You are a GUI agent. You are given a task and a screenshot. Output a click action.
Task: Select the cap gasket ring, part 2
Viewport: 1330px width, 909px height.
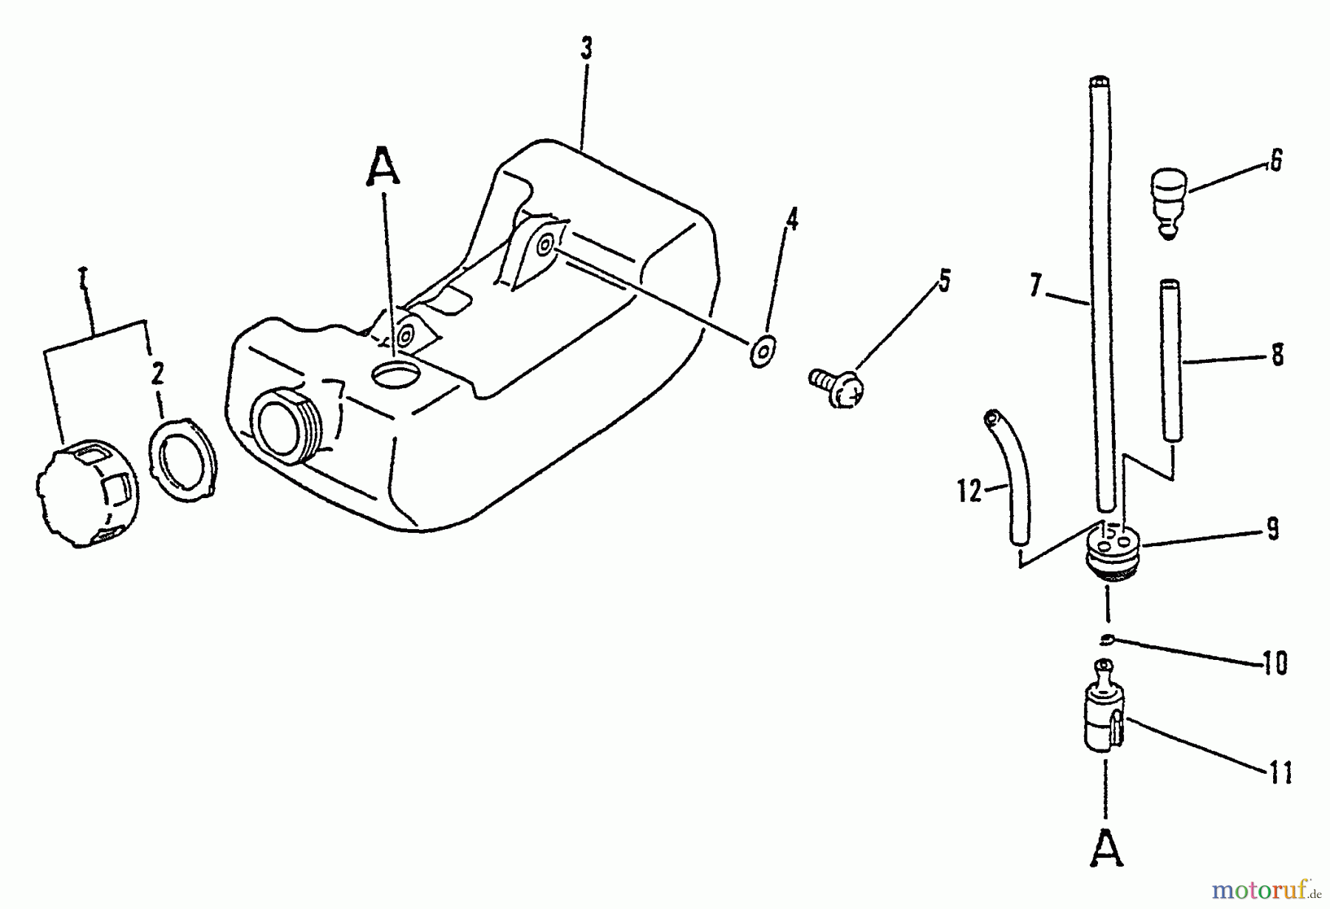(183, 459)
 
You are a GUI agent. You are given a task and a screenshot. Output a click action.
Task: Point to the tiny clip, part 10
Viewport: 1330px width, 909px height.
(1106, 640)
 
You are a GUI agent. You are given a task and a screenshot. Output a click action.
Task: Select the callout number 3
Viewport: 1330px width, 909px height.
(586, 50)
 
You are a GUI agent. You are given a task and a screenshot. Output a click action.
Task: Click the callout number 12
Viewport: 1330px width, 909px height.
(969, 491)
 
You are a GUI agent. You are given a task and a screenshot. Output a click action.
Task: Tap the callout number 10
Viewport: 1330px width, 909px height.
(1275, 663)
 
